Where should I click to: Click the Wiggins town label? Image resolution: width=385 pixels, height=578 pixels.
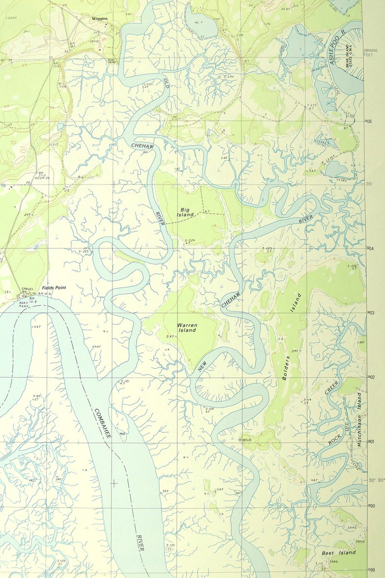(x=99, y=19)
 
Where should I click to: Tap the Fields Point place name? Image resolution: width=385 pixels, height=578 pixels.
(x=53, y=288)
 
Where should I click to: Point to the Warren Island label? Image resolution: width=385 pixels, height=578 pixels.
(x=187, y=327)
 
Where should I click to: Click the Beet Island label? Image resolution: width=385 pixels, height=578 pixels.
(x=338, y=552)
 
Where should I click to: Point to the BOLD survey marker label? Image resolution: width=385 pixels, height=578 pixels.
(x=246, y=440)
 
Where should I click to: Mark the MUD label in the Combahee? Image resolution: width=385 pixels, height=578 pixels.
(x=123, y=434)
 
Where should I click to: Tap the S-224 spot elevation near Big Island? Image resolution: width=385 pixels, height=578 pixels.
(x=190, y=241)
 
